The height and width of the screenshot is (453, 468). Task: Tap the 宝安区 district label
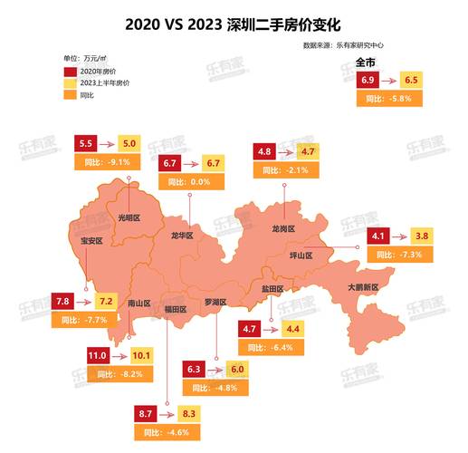click(x=91, y=241)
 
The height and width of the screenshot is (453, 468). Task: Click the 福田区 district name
click(x=175, y=310)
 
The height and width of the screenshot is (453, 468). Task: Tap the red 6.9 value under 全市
click(x=368, y=81)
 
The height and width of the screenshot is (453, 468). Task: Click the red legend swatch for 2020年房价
click(x=71, y=71)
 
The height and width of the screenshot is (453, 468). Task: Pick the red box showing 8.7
click(x=147, y=414)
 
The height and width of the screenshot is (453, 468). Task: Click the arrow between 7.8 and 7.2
click(x=85, y=301)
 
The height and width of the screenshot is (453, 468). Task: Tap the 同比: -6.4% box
click(x=271, y=347)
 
